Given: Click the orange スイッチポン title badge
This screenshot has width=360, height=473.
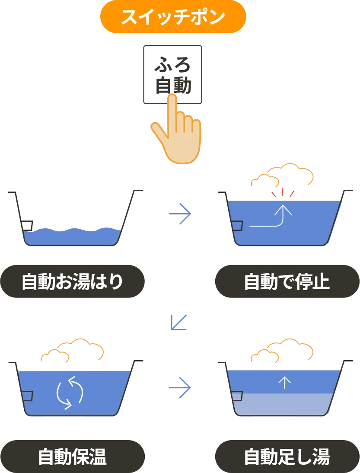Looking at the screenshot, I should click(173, 18).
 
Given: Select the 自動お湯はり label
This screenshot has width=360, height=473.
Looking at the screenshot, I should click(72, 283).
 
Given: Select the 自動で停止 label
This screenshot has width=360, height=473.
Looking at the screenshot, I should click(287, 283).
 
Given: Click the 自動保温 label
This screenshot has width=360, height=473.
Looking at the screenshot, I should click(72, 457).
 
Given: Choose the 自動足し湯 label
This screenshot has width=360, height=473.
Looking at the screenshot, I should click(287, 457).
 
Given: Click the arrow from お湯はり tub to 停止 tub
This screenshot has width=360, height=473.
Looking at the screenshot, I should click(179, 214).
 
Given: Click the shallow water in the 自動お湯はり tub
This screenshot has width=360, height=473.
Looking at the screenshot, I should click(71, 236).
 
